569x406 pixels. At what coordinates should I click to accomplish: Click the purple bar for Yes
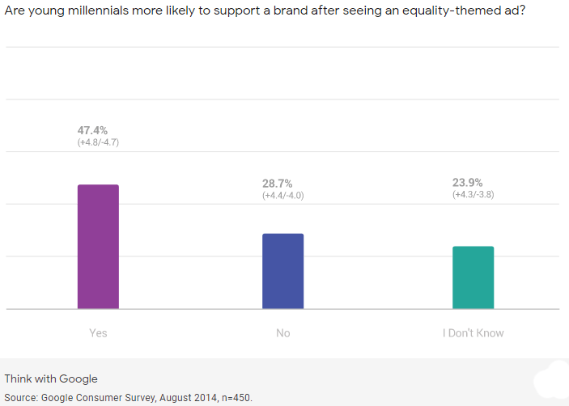coord(98,247)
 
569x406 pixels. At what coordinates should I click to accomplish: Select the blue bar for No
coord(282,271)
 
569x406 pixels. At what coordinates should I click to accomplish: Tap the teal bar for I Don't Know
coord(473,277)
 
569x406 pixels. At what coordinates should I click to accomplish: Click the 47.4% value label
coord(93,129)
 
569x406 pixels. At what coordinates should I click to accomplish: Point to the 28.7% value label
coord(278,184)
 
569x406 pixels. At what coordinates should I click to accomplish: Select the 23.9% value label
coord(468,183)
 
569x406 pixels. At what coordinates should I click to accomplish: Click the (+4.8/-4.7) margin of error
coord(98,142)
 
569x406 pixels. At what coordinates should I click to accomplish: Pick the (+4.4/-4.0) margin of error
coord(283,196)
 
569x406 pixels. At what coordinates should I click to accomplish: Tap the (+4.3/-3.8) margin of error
coord(473,195)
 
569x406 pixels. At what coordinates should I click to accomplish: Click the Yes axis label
coord(98,333)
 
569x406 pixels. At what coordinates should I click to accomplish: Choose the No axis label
coord(282,333)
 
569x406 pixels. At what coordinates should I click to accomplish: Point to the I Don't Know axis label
coord(473,333)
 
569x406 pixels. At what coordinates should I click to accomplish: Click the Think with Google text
coord(51,379)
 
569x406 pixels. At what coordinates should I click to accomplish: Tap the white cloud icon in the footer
coord(554,380)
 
